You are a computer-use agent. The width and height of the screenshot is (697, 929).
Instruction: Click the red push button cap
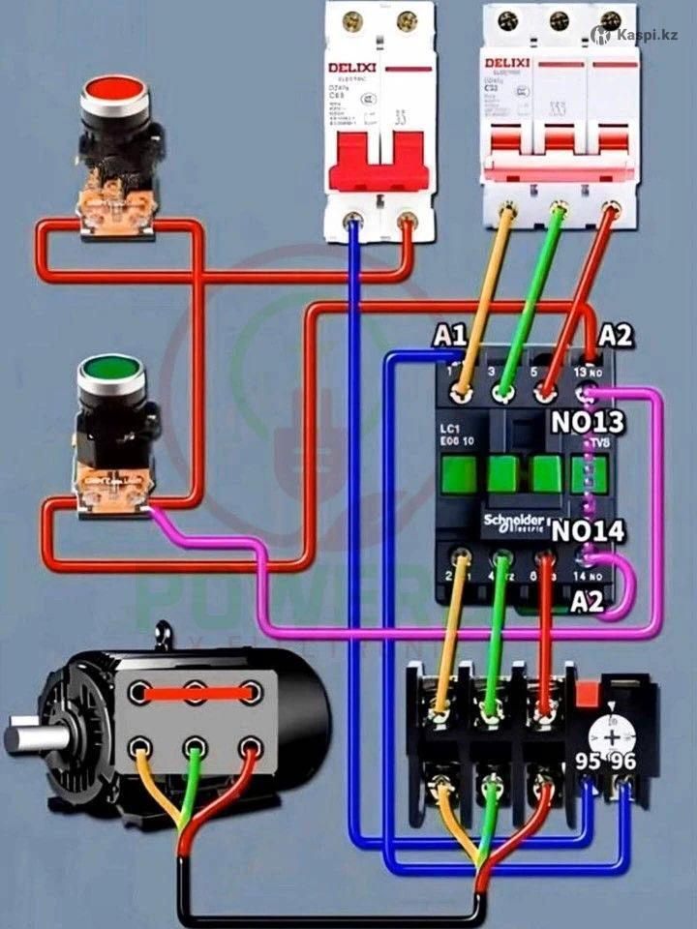coord(113,90)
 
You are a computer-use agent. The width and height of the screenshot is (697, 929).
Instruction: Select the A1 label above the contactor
coord(450,336)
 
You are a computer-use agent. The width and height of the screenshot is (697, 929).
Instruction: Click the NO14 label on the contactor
coord(588,530)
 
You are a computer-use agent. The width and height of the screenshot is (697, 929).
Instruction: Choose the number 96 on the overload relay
coord(623,762)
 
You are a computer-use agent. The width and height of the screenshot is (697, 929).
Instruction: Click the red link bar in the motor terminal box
coord(195,692)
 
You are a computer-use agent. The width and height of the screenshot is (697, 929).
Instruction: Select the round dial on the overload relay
coord(612,735)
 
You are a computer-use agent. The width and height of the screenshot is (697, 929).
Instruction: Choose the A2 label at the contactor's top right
coord(616,336)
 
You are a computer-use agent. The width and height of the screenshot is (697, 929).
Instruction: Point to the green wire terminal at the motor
coord(195,746)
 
